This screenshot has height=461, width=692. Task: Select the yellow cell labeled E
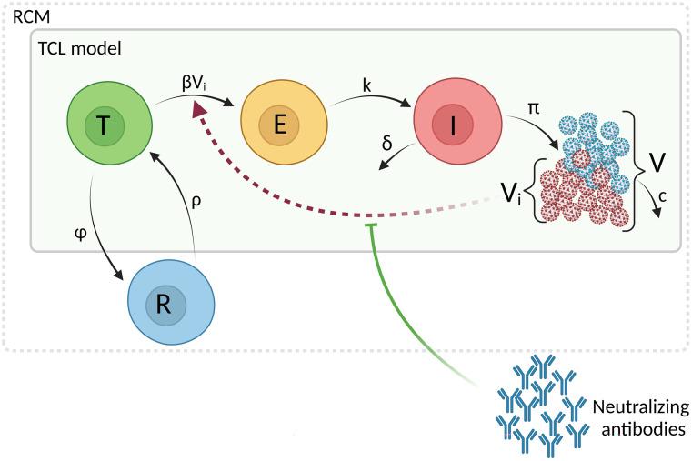point(280,126)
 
